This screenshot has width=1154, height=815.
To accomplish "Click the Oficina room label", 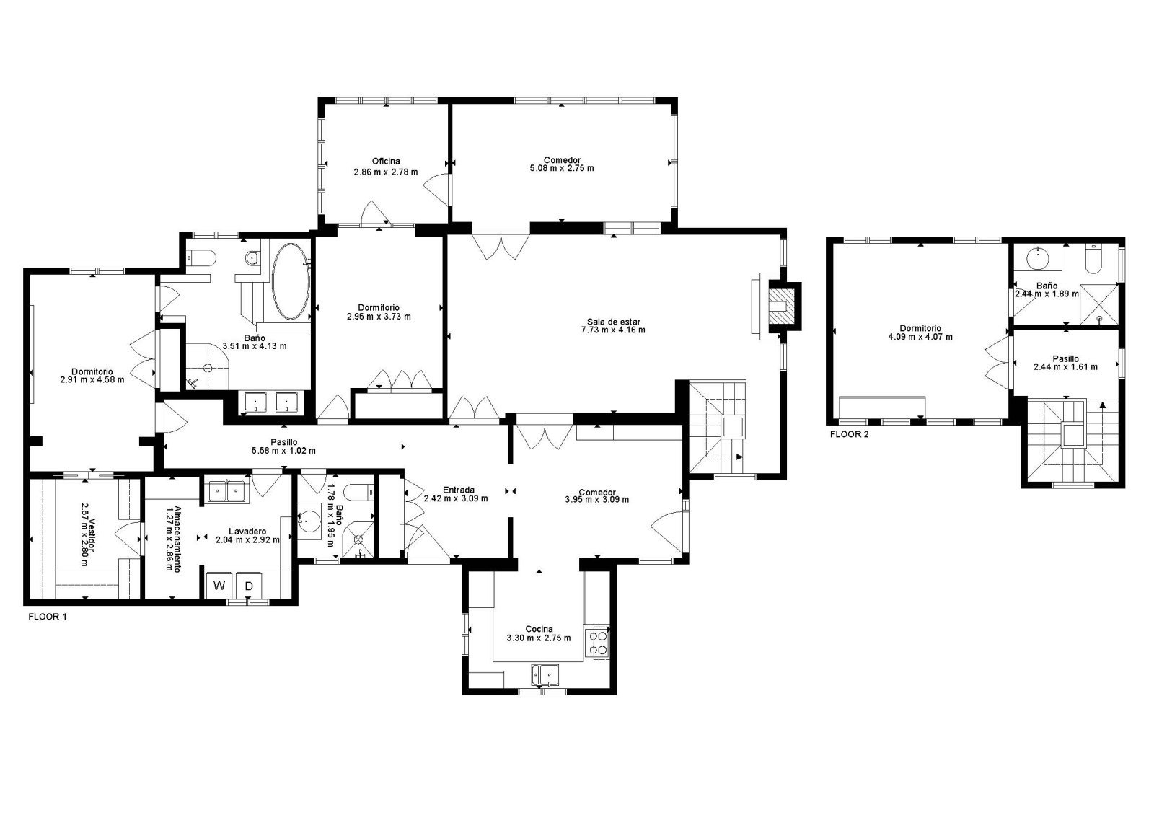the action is (x=386, y=162).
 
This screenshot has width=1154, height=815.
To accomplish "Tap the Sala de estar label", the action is (x=613, y=322).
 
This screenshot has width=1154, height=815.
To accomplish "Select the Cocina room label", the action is (x=539, y=629).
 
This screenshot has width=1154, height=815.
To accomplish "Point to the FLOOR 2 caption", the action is (x=849, y=434).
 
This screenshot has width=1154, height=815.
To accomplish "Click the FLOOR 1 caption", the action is (x=48, y=616).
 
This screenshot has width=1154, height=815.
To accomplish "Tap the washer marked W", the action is (x=219, y=586).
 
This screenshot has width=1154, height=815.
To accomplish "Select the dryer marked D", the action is (x=249, y=586).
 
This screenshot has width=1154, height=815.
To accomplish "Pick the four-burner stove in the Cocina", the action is (x=598, y=643).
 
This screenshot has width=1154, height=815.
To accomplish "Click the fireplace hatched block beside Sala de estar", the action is (x=783, y=307).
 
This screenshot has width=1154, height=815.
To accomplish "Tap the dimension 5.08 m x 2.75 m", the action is (x=562, y=169).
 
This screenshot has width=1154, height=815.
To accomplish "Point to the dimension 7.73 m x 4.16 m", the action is (x=613, y=330).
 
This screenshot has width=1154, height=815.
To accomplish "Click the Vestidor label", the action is (x=91, y=534).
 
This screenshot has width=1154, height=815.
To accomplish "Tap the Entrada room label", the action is (x=459, y=490).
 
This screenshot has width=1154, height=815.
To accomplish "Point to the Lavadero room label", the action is (x=247, y=531).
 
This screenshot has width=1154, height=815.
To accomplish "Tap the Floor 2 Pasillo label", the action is (x=1065, y=358).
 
